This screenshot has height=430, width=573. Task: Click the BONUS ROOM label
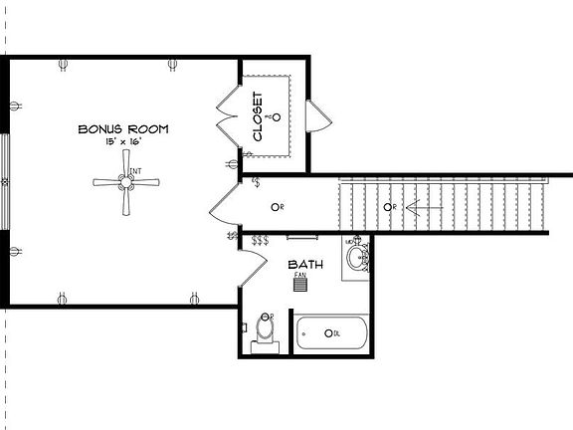pyautogui.click(x=123, y=129)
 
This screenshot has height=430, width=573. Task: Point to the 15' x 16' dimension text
pyautogui.click(x=123, y=143)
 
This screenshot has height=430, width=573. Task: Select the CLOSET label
pyautogui.click(x=258, y=117)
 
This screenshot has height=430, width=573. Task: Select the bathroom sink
pyautogui.click(x=356, y=257)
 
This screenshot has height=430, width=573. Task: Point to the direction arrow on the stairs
pyautogui.click(x=417, y=207)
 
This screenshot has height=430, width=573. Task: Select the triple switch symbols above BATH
pyautogui.click(x=260, y=241)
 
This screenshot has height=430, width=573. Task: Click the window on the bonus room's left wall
pyautogui.click(x=5, y=183)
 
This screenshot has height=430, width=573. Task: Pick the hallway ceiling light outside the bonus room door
pyautogui.click(x=276, y=207)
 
